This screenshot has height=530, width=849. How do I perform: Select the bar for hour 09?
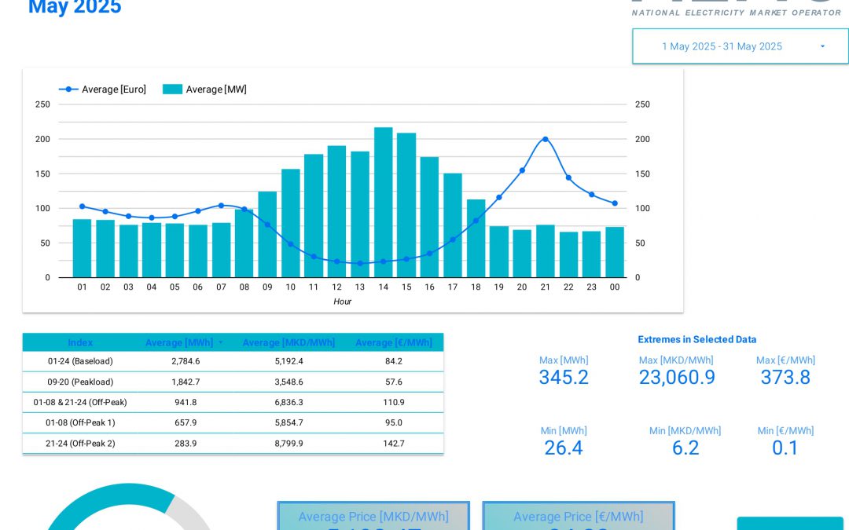pos(267,235)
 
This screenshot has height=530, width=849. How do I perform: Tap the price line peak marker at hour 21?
pos(545,139)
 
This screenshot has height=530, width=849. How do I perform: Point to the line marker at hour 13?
pos(360,263)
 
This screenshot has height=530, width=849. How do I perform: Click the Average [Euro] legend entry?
pos(103,90)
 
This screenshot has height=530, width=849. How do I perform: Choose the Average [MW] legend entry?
pos(205,90)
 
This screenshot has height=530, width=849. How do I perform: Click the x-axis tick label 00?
pos(614,287)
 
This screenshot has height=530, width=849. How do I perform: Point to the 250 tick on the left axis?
pos(42,104)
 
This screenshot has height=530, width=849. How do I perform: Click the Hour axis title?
pos(342,302)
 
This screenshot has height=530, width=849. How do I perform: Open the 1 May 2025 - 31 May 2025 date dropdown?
pos(740,46)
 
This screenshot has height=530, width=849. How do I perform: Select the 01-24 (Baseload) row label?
pos(80,361)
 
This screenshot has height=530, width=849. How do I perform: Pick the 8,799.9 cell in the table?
pos(289,443)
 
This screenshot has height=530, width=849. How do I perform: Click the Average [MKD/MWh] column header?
pos(289,343)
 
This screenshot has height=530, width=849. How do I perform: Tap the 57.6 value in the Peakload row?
pos(393,382)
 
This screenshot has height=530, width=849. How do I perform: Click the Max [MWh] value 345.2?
pos(563,378)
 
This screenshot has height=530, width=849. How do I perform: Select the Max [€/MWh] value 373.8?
pos(785,378)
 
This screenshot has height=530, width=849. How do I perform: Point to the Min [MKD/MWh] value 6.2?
pos(685,448)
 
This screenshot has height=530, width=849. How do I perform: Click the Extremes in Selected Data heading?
pos(696,340)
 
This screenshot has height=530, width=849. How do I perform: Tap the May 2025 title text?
pos(75,8)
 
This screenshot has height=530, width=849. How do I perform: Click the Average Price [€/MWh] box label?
pos(578,517)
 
